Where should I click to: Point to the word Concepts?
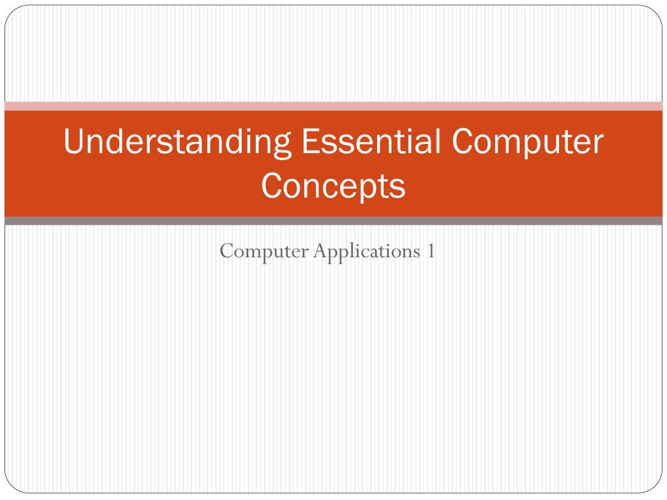(333, 186)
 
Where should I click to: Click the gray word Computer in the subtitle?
(263, 251)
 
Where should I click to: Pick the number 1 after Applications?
(431, 251)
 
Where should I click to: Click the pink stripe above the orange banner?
(333, 106)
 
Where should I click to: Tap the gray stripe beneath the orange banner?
(333, 221)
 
